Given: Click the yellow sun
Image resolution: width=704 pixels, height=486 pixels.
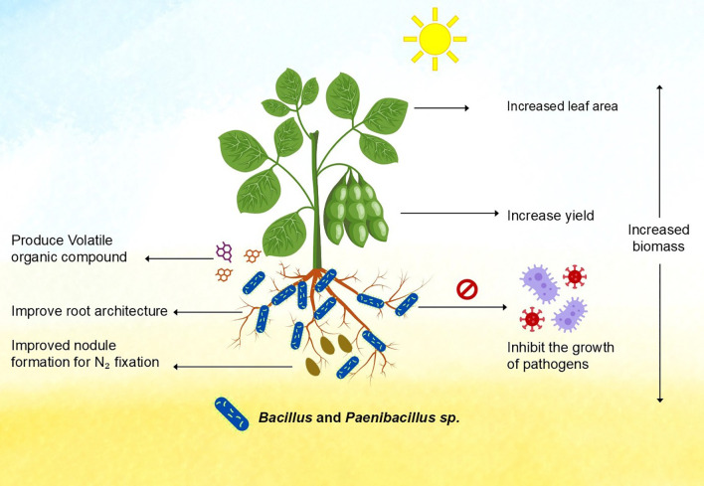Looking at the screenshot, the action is click(x=435, y=39).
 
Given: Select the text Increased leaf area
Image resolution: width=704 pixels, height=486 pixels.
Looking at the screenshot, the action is click(x=562, y=106).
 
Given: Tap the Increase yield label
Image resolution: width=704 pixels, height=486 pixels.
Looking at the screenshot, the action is click(x=551, y=216).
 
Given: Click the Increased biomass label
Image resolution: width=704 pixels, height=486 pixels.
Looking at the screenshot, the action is click(x=658, y=238).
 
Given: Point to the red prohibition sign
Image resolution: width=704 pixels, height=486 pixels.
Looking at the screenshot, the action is click(x=467, y=289).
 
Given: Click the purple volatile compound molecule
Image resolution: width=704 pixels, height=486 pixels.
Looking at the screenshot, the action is click(x=224, y=251).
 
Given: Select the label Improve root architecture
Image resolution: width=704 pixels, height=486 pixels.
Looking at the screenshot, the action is click(x=89, y=311).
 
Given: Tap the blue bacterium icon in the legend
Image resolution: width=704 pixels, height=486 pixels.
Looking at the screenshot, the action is click(x=232, y=413).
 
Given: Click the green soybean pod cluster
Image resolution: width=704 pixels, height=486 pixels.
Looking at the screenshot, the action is click(x=356, y=209).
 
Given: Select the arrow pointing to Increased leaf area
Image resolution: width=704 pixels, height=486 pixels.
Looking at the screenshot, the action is click(x=441, y=107).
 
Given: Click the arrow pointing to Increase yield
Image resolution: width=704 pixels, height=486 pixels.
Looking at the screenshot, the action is click(x=449, y=213).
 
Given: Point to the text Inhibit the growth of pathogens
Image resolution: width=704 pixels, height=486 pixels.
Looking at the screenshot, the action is click(x=561, y=356).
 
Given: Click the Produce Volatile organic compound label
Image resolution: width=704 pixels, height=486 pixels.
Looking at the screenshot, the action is click(x=70, y=248).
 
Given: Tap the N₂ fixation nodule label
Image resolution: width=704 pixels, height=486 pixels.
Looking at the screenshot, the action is click(x=86, y=354).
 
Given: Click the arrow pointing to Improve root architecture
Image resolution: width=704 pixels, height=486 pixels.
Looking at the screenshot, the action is click(x=208, y=312).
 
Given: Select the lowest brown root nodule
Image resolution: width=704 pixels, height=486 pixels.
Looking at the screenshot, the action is click(x=313, y=367).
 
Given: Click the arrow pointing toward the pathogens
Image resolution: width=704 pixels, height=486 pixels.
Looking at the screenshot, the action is click(x=462, y=307).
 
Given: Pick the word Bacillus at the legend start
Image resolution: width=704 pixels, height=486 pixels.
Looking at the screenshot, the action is click(x=285, y=417).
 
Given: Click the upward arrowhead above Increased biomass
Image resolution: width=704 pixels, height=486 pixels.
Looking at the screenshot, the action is click(x=659, y=87).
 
